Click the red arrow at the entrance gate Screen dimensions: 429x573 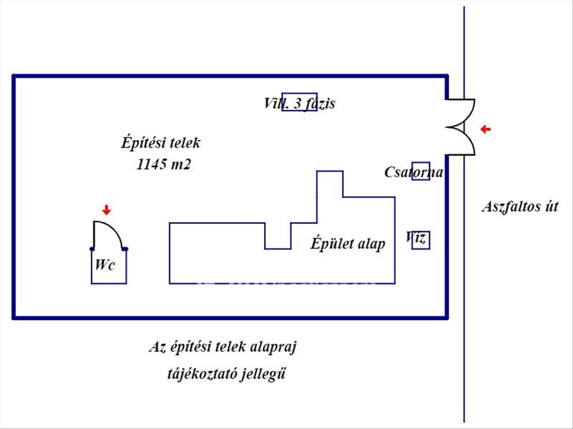486,129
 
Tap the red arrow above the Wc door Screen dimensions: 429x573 106,210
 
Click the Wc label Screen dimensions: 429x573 105,266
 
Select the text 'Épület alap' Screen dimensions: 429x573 348,244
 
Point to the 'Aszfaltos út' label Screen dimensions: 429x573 520,207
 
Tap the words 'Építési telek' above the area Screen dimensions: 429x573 161,143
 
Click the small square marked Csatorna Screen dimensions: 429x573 421,171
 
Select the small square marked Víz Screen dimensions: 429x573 421,240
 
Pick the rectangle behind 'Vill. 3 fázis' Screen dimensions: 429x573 299,102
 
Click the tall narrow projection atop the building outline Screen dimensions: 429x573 329,184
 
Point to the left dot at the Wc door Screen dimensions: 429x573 92,249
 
